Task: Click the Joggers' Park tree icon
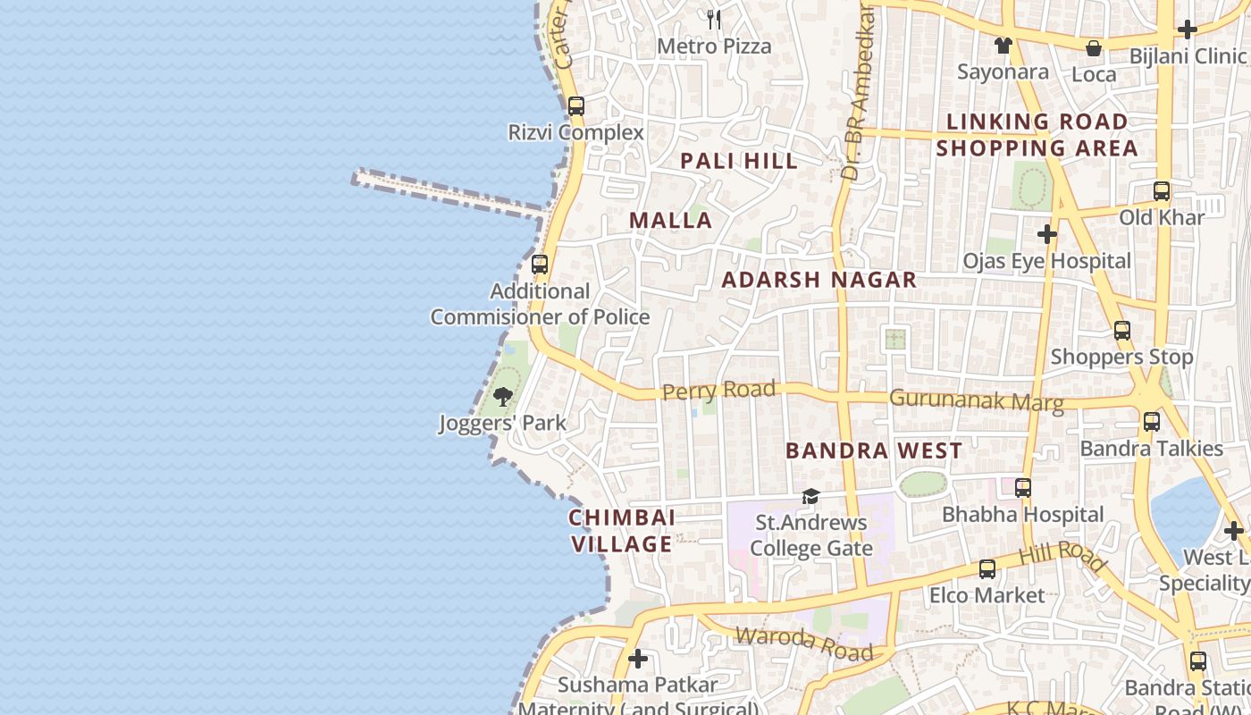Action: click(503, 396)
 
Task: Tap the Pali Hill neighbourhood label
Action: click(739, 161)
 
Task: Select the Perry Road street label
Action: click(718, 391)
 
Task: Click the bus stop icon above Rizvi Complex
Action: click(576, 106)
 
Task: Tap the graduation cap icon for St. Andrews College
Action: click(810, 496)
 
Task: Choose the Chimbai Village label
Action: click(622, 531)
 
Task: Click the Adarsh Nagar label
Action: click(819, 280)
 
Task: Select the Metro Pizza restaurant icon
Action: click(714, 19)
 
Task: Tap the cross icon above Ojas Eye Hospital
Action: click(1046, 234)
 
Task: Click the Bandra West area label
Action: click(874, 450)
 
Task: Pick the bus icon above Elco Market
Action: click(987, 568)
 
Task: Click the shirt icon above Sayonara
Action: click(1003, 46)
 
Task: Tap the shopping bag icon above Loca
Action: click(1093, 48)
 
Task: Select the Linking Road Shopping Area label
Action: click(1037, 134)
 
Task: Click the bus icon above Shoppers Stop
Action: click(1122, 331)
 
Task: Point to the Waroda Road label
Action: click(803, 642)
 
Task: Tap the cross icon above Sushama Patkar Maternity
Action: click(638, 659)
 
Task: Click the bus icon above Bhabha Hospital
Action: click(1023, 488)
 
